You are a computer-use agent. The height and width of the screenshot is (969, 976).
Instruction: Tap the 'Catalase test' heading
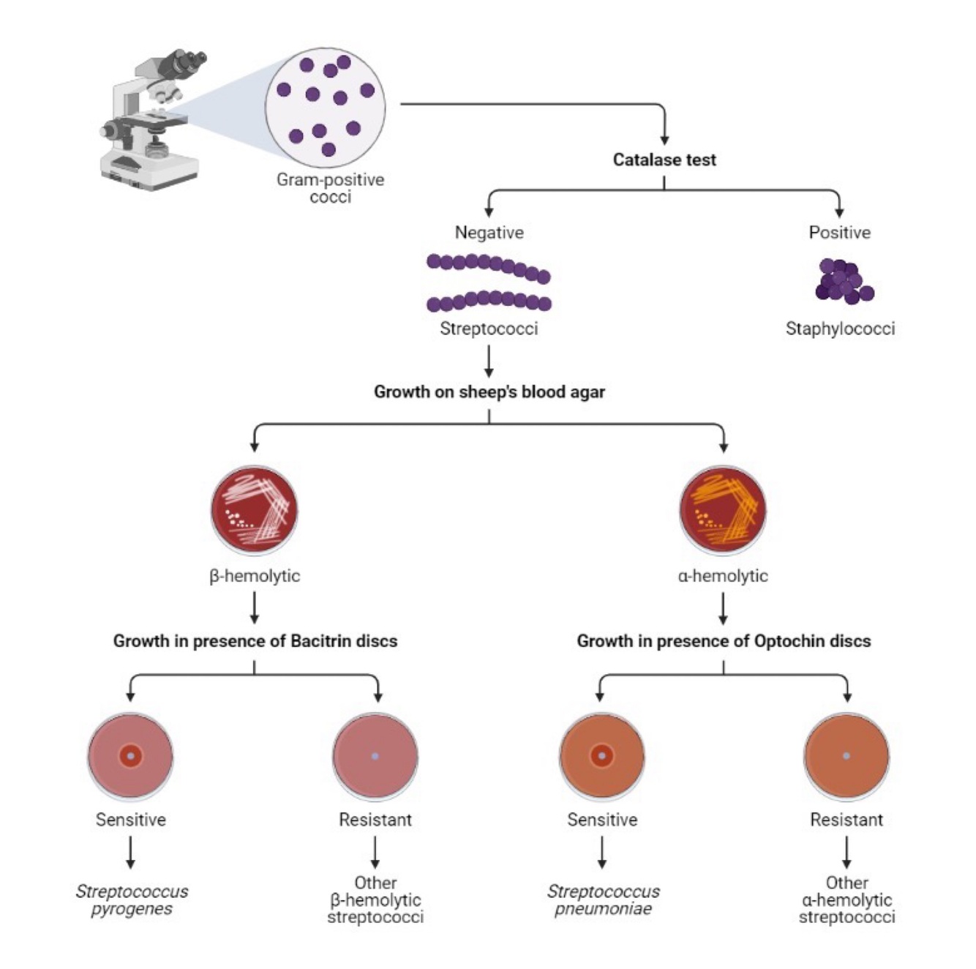point(664,160)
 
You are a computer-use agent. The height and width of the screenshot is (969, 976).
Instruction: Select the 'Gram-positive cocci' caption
point(330,188)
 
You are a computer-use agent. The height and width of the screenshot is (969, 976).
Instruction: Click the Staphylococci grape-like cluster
point(844,281)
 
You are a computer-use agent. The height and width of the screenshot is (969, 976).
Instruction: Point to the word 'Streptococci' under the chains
point(489,329)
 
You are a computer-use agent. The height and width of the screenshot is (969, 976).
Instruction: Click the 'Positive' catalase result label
point(839,233)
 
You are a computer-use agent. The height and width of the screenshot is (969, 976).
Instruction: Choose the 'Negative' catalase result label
point(489,233)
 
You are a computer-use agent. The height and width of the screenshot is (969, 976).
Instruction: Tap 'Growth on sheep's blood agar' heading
point(489,392)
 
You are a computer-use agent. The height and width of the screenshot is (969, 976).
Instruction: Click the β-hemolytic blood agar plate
point(255,510)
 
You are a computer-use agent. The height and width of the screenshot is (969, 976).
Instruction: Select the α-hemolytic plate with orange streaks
point(723,510)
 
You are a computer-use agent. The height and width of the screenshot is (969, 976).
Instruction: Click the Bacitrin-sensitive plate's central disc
point(131,755)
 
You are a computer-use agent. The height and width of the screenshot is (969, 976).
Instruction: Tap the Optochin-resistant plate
point(847,756)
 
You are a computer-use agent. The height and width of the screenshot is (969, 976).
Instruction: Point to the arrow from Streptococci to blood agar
point(489,361)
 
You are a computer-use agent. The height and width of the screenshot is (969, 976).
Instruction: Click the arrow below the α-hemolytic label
point(723,608)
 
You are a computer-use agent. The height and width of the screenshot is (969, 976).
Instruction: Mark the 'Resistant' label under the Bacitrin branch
point(375,820)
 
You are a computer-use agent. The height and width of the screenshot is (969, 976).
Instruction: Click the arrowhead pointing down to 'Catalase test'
point(664,141)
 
